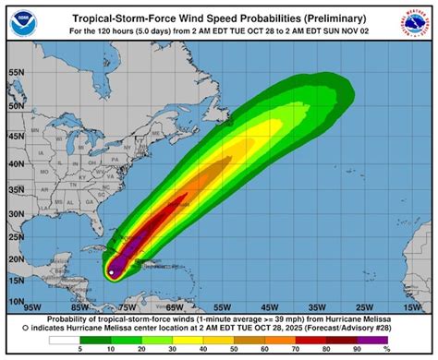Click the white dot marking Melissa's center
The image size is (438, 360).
tap(111, 271)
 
